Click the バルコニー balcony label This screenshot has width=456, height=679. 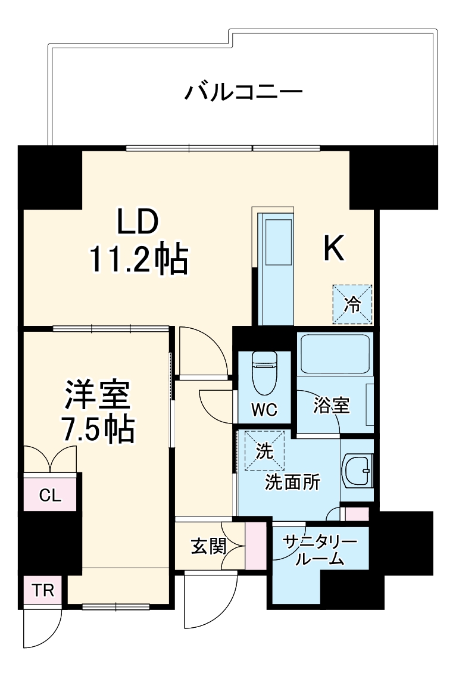tap(243, 92)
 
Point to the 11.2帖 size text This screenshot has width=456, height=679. tap(138, 260)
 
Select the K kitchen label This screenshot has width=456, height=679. tap(333, 249)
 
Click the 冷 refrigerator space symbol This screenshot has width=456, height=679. tap(352, 304)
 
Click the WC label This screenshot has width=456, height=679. tap(263, 410)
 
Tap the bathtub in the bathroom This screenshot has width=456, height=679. tap(335, 354)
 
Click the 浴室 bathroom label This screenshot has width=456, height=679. tap(331, 406)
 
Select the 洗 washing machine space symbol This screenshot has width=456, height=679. tap(264, 451)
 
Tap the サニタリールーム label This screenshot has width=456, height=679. tap(319, 550)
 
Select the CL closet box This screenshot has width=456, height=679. tap(50, 494)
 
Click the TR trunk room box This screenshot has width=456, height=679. tap(42, 591)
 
